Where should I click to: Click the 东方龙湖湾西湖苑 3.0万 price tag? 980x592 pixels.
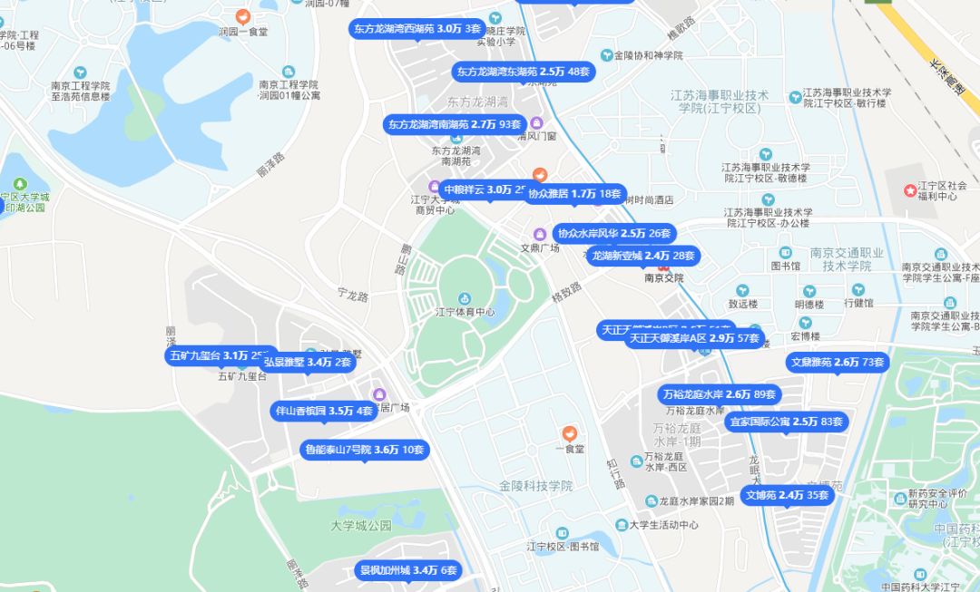tap(418, 29)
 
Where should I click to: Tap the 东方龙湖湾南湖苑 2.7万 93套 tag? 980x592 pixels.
tap(456, 123)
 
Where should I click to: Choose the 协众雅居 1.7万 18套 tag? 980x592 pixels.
tap(575, 193)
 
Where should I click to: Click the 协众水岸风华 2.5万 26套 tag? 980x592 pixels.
tap(614, 233)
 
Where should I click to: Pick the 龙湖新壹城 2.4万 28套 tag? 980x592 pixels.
tap(642, 256)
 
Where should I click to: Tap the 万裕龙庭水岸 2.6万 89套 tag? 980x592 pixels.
tap(720, 394)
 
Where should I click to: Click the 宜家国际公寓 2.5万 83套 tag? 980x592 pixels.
tap(787, 422)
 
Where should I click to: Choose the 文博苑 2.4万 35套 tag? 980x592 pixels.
tap(787, 495)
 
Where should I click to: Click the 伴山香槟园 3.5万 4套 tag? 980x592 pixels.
tap(325, 411)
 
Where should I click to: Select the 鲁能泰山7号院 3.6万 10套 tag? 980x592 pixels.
tap(364, 449)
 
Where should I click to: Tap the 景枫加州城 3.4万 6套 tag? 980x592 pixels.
tap(408, 570)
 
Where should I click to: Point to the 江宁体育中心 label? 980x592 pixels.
tap(465, 312)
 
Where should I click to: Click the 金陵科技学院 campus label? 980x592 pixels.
tap(535, 486)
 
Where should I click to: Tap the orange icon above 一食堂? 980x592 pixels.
tap(569, 433)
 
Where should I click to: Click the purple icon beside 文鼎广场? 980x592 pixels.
tap(539, 233)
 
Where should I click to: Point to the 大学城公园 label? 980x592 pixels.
tap(360, 525)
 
